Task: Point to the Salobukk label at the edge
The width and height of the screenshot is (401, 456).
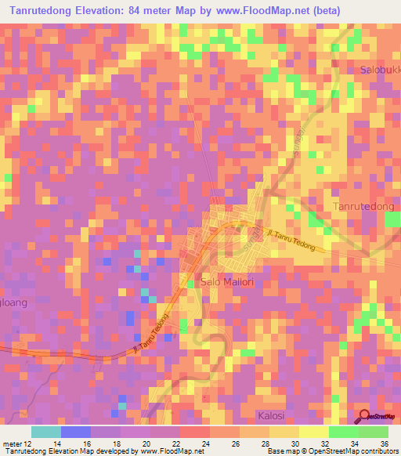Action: point(381,70)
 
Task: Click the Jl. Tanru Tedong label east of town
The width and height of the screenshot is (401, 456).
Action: point(291,240)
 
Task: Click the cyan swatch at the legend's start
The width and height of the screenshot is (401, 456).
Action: point(45,432)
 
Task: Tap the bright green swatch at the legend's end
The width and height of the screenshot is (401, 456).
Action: point(374,432)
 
